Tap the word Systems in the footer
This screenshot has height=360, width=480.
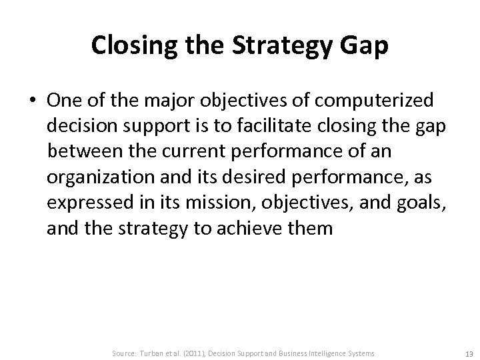pos(361,352)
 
